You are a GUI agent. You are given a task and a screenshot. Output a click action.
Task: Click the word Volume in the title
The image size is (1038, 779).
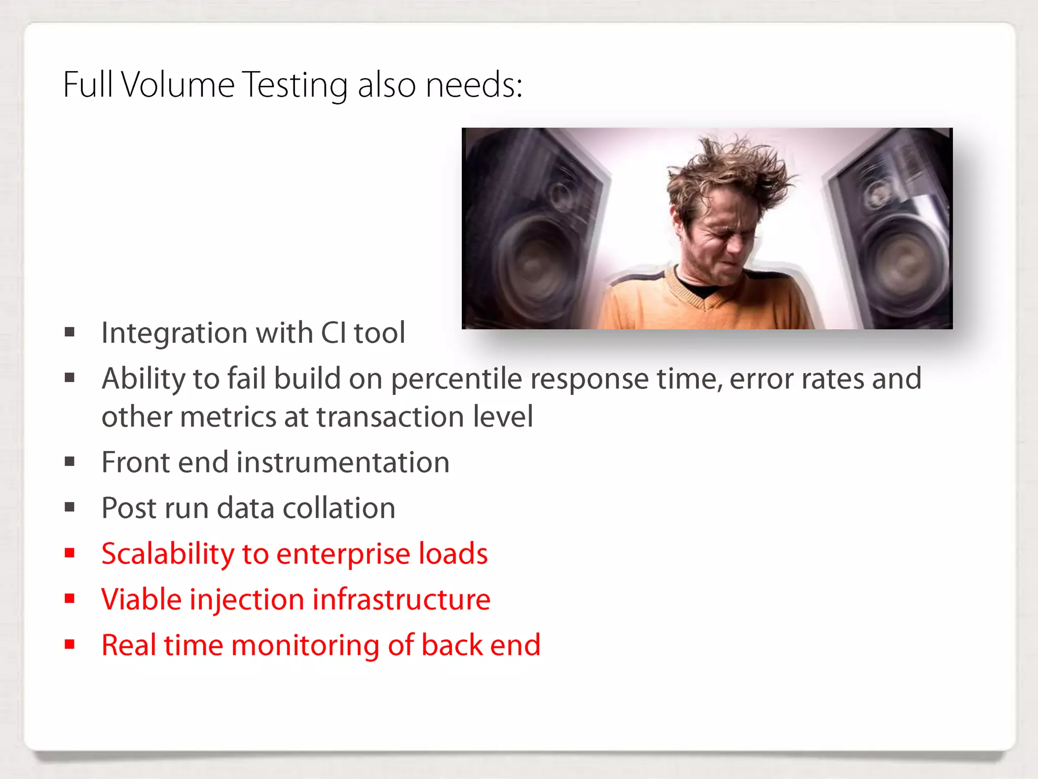tap(177, 85)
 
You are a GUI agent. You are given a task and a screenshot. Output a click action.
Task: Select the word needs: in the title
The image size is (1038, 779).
tap(474, 85)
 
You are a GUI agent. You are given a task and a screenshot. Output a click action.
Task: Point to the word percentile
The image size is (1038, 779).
tap(456, 379)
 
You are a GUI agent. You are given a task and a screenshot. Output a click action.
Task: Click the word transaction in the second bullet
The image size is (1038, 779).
tap(390, 417)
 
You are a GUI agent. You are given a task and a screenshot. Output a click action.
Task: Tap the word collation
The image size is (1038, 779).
tap(339, 508)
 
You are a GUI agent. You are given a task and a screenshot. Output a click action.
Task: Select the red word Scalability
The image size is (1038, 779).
tap(167, 554)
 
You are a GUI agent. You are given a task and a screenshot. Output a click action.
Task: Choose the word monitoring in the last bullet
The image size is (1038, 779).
tap(305, 645)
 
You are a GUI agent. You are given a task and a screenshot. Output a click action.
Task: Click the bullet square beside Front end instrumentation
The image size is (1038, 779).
tap(70, 462)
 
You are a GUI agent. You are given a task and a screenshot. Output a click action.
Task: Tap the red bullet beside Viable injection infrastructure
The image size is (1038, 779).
tap(70, 599)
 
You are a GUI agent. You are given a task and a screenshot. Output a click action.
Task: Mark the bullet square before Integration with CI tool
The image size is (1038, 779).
tap(70, 332)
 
